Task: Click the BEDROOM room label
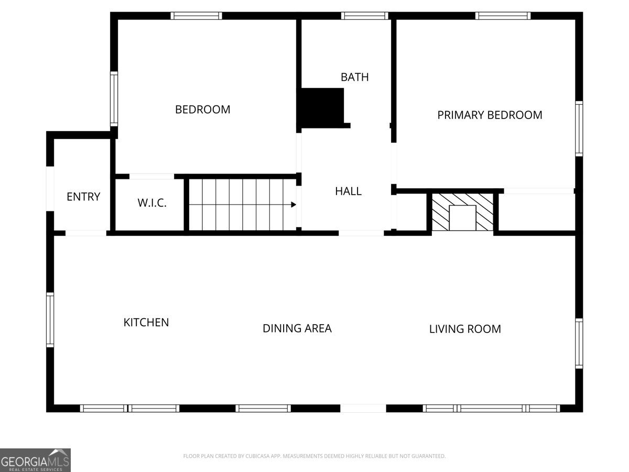(203, 110)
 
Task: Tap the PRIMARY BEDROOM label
(490, 115)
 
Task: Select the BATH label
(354, 77)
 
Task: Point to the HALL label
(348, 191)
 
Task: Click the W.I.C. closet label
(152, 203)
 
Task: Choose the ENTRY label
(83, 197)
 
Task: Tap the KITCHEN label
(146, 323)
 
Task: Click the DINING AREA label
(297, 328)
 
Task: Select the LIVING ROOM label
(465, 329)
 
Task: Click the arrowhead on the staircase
(294, 205)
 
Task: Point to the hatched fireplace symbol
(462, 212)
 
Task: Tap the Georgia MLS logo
(35, 460)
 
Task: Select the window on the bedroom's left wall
(114, 99)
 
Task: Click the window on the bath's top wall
(364, 16)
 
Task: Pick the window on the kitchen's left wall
(50, 320)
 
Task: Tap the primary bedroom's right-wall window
(579, 129)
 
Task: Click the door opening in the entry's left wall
(50, 189)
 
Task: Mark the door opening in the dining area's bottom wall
(363, 409)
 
